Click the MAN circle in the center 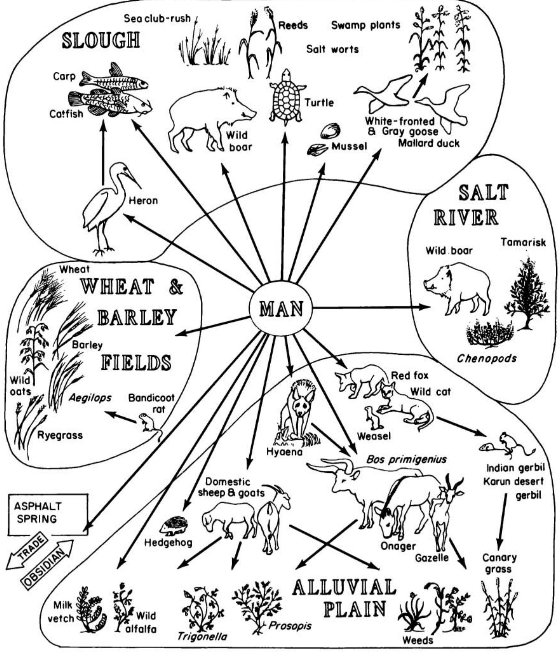coord(281,308)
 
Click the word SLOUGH coord(101,40)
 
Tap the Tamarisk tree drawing coord(527,292)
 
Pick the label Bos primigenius coord(406,459)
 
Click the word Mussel coord(349,146)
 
